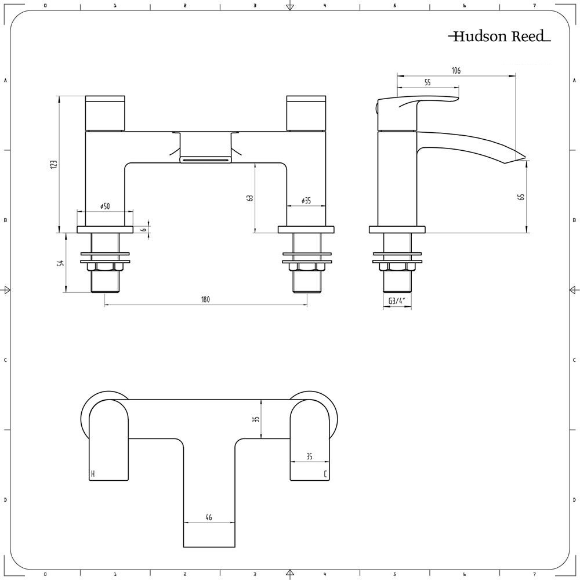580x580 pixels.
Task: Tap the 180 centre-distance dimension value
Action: pyautogui.click(x=205, y=299)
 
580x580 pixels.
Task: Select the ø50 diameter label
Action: pyautogui.click(x=105, y=206)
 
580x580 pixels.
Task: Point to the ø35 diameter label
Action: pyautogui.click(x=306, y=201)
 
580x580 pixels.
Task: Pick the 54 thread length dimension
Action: pyautogui.click(x=60, y=263)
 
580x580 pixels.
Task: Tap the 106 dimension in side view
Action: pyautogui.click(x=456, y=71)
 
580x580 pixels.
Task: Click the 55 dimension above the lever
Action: pyautogui.click(x=427, y=83)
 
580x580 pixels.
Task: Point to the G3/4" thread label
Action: pyautogui.click(x=397, y=300)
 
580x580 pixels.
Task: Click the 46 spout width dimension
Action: pyautogui.click(x=209, y=517)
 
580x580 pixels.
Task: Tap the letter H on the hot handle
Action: pyautogui.click(x=93, y=474)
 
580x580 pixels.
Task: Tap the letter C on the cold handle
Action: pyautogui.click(x=325, y=474)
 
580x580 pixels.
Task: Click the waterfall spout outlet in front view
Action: pyautogui.click(x=205, y=159)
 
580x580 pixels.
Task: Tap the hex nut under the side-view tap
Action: pyautogui.click(x=397, y=267)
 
